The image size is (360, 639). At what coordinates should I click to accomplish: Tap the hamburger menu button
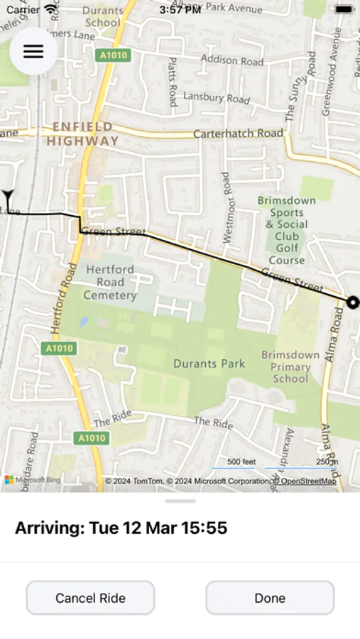coord(33,51)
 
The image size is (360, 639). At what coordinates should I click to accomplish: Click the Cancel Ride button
coord(90,598)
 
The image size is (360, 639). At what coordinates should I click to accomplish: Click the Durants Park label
coord(209,364)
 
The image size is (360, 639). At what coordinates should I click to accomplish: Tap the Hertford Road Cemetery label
coord(110,282)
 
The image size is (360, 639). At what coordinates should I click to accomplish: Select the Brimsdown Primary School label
coord(290,366)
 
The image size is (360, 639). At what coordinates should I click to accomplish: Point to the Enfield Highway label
coord(82,134)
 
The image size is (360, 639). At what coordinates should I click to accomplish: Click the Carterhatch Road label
coord(238,133)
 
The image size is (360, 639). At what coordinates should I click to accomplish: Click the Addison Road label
coord(231,60)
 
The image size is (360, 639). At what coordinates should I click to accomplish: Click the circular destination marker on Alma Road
coord(352,302)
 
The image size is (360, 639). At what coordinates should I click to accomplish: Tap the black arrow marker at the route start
coord(8,196)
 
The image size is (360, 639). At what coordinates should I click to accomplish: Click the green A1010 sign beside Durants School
coord(114,55)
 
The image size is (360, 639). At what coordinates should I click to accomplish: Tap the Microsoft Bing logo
coord(33,481)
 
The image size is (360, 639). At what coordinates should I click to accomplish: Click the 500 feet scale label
coord(241,462)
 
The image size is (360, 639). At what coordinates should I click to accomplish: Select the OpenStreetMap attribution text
coord(308,481)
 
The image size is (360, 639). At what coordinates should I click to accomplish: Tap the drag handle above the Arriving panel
coord(180,501)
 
